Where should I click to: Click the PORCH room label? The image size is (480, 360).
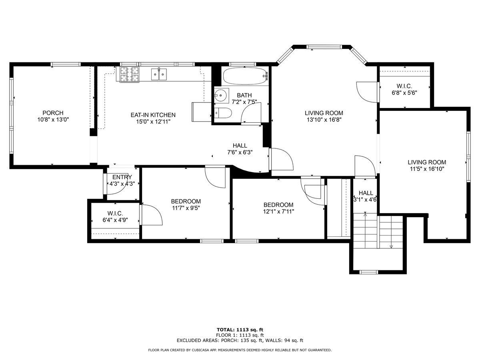point(53,113)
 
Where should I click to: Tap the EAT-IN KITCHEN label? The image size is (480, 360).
point(153,115)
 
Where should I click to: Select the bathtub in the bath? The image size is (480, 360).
point(245,76)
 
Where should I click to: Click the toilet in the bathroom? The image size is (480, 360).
point(223,113)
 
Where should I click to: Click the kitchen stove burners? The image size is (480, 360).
point(130,74)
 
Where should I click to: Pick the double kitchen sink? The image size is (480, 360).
point(159,74)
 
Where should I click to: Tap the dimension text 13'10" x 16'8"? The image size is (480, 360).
point(324,120)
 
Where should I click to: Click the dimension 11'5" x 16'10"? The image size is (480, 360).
point(427,169)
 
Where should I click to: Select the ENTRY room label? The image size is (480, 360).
point(122,177)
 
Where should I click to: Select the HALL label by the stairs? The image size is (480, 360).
point(366,193)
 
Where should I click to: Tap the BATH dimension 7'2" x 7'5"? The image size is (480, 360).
point(244,102)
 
